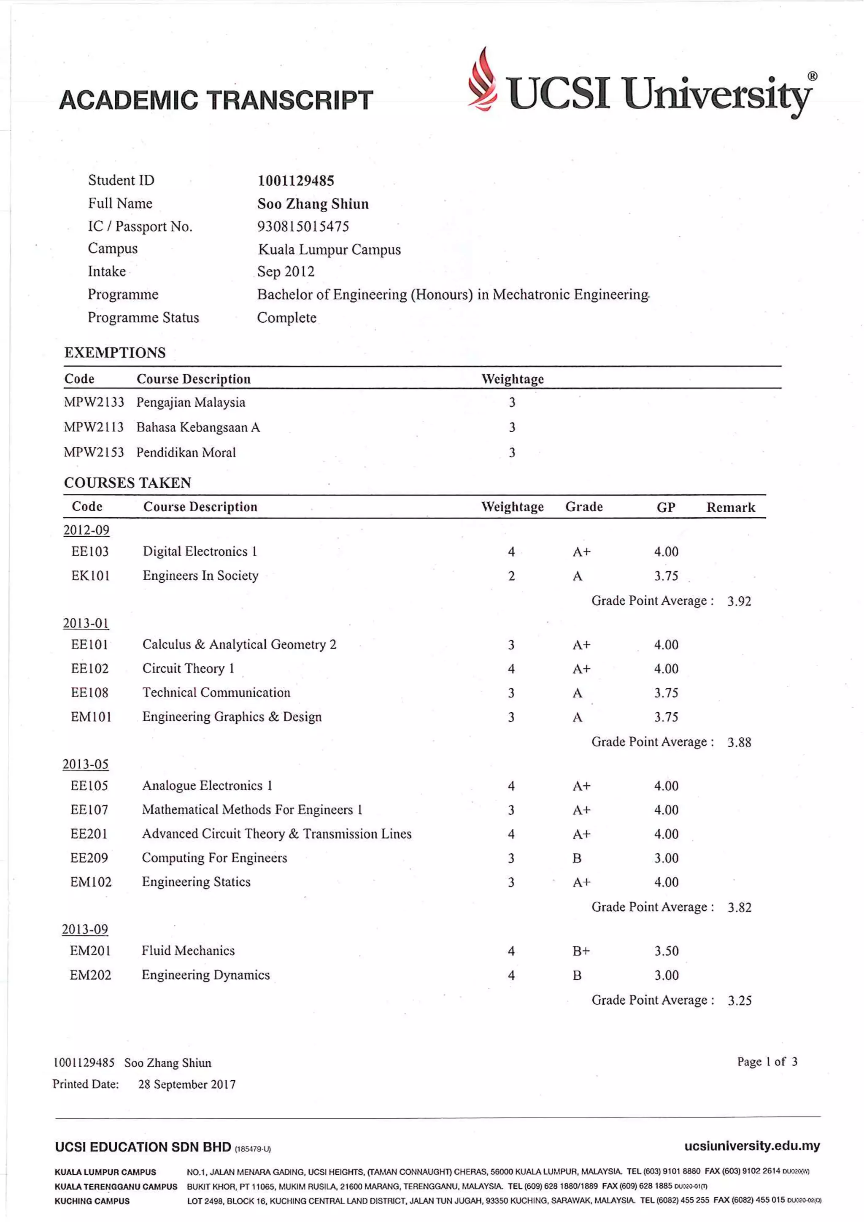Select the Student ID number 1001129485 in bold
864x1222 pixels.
coord(296,181)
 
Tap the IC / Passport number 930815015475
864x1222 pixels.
coord(303,227)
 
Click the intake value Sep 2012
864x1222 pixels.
coord(286,272)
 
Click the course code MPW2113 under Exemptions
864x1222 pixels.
coord(94,427)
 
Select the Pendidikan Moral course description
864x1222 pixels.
coord(186,452)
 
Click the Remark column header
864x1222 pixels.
coord(730,507)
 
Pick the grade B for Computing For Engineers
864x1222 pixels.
coord(577,858)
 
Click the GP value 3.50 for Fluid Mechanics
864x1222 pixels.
coord(666,951)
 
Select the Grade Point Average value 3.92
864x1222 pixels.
coord(739,601)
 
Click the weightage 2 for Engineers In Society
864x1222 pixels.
coord(511,576)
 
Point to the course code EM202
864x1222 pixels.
coord(90,975)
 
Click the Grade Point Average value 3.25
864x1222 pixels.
coord(740,1000)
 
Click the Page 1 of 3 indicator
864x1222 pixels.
coord(767,1062)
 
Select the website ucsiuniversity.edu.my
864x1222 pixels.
coord(752,1146)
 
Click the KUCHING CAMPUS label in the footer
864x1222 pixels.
coord(92,1201)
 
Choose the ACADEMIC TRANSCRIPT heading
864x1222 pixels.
coord(216,100)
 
